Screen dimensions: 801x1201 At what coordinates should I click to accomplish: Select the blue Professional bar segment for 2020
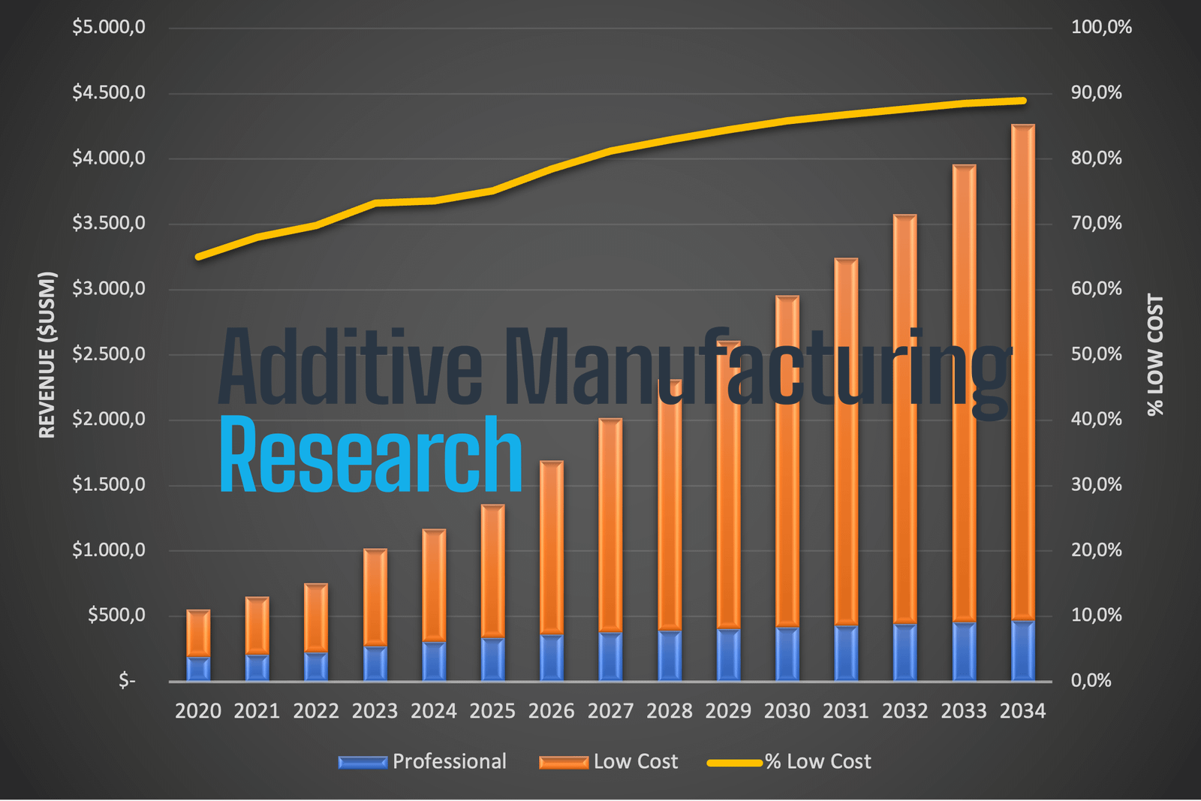pos(198,669)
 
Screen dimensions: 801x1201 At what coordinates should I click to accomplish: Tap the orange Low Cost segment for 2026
pos(552,548)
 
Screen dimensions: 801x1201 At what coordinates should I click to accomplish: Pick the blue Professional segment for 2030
pos(787,654)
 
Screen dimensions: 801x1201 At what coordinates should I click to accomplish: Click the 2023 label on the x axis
pos(375,711)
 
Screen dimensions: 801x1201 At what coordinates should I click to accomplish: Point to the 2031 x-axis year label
pos(846,711)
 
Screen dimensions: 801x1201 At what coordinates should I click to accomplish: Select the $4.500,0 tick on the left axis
pos(109,92)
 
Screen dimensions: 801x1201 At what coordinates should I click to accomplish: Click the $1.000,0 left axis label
pos(109,550)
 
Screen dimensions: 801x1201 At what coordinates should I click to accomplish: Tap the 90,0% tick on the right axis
pos(1096,92)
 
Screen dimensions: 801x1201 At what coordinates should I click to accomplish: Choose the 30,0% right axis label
pos(1096,485)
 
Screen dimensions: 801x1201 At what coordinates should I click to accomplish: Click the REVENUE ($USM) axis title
pos(47,354)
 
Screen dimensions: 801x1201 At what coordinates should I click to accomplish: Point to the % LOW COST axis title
pos(1155,354)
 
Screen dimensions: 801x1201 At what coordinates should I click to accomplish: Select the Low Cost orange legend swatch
pos(563,763)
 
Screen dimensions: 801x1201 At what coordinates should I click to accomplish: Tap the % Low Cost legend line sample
pos(734,763)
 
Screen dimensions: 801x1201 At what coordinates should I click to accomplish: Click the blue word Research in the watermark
pos(370,455)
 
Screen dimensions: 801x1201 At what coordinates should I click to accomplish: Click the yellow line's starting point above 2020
pos(198,257)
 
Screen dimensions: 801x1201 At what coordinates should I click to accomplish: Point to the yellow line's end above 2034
pos(1023,101)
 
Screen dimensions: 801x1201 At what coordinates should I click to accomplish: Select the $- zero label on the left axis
pos(127,681)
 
